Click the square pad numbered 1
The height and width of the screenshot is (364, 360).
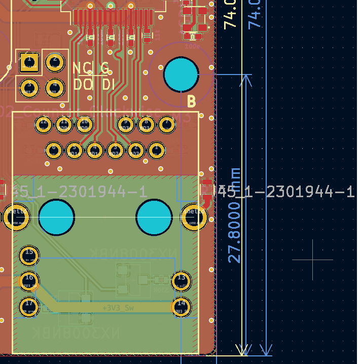click(x=29, y=63)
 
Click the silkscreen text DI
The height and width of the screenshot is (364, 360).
click(x=109, y=84)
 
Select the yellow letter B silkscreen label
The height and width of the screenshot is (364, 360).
click(x=191, y=102)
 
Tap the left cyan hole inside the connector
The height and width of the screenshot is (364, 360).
click(x=56, y=217)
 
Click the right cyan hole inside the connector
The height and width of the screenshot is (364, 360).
click(x=154, y=217)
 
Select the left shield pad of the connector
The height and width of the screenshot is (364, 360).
click(x=17, y=217)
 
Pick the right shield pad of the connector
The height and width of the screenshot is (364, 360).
click(x=194, y=217)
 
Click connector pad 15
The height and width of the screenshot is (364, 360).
click(x=29, y=256)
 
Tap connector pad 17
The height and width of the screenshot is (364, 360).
click(x=29, y=306)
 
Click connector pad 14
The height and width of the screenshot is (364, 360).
click(x=181, y=306)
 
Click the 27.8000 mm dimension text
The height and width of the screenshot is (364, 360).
click(x=234, y=215)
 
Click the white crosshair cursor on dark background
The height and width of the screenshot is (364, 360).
click(x=313, y=260)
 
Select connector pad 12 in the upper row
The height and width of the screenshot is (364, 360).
click(x=44, y=124)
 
